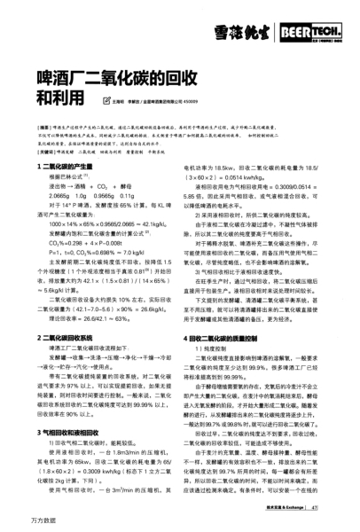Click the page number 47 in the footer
(x=328, y=508)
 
